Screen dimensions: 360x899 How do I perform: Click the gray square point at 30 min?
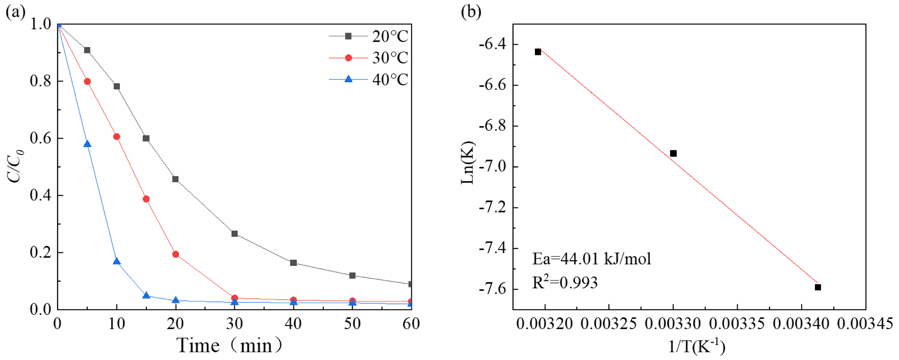pyautogui.click(x=235, y=234)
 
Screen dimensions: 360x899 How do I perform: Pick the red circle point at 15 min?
pyautogui.click(x=146, y=199)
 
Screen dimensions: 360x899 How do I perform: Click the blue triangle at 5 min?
pyautogui.click(x=87, y=144)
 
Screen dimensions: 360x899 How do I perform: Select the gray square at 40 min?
pyautogui.click(x=293, y=263)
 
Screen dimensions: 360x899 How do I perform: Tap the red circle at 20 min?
pyautogui.click(x=176, y=254)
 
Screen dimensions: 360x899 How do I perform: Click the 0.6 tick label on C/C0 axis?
pyautogui.click(x=41, y=138)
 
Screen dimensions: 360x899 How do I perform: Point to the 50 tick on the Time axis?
pyautogui.click(x=352, y=324)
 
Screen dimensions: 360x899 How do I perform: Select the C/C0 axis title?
pyautogui.click(x=15, y=166)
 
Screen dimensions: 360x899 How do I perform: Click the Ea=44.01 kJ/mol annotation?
pyautogui.click(x=591, y=259)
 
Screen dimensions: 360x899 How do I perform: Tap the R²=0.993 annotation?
pyautogui.click(x=564, y=282)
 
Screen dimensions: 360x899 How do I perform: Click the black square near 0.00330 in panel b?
pyautogui.click(x=673, y=153)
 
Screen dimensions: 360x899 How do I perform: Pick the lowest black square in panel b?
pyautogui.click(x=818, y=287)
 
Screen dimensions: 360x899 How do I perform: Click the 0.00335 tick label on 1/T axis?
pyautogui.click(x=737, y=324)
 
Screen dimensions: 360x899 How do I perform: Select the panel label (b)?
pyautogui.click(x=471, y=12)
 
